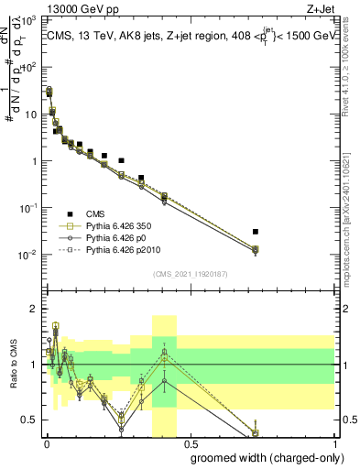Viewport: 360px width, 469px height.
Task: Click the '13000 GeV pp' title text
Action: [83, 10]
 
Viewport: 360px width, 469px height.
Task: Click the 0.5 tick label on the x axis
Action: [191, 443]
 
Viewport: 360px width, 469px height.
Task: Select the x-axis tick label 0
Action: [46, 443]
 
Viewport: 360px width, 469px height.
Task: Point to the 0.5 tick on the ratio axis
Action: [29, 420]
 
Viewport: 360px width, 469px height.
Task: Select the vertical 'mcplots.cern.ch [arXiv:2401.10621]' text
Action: [352, 193]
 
